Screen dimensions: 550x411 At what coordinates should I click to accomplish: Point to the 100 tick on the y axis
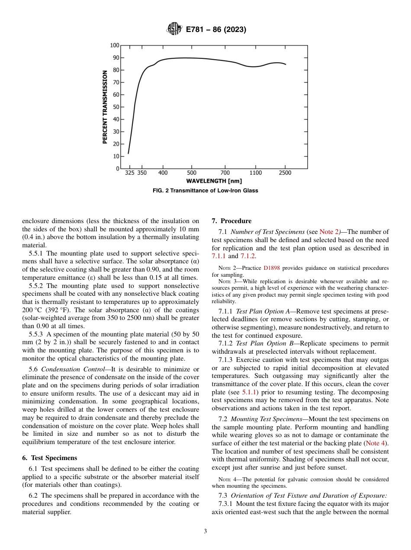tap(114, 45)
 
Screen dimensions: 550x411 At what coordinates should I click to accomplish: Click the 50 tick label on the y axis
tap(116, 107)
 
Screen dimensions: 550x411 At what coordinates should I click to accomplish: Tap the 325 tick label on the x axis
tap(129, 173)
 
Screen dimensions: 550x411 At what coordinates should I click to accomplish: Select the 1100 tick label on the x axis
tap(255, 173)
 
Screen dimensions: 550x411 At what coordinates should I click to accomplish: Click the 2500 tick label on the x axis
tap(285, 173)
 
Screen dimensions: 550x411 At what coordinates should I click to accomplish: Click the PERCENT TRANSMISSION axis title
tap(105, 107)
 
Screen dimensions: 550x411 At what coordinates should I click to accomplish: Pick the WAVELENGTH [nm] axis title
tap(214, 181)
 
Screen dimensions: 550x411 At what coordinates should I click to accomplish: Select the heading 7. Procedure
tap(231, 221)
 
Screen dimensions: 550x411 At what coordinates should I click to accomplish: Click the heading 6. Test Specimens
tap(49, 458)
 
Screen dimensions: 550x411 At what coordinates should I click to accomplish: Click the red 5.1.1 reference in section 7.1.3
tap(250, 392)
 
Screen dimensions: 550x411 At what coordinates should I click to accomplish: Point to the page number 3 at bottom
tap(205, 531)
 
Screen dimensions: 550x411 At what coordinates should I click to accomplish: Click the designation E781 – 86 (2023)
tap(216, 29)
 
